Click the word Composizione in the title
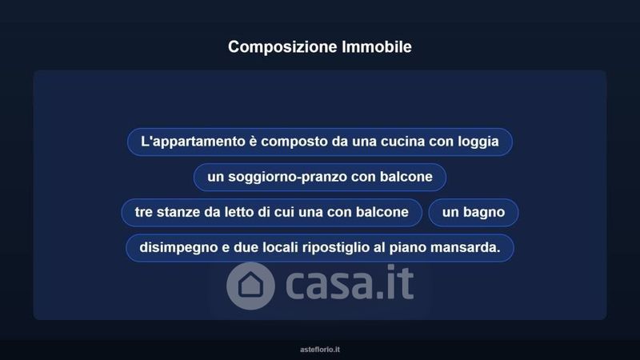pyautogui.click(x=282, y=47)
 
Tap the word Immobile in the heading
pyautogui.click(x=377, y=46)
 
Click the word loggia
pyautogui.click(x=478, y=142)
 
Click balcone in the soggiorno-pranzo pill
pyautogui.click(x=406, y=176)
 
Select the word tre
pyautogui.click(x=144, y=212)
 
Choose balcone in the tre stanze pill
pyautogui.click(x=382, y=212)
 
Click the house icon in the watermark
pyautogui.click(x=250, y=286)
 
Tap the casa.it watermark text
pyautogui.click(x=350, y=282)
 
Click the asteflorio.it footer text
pyautogui.click(x=320, y=350)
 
